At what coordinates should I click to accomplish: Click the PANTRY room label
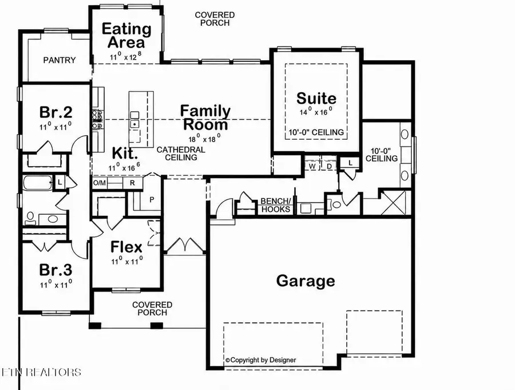pos(60,60)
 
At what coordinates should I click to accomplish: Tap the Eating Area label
pos(126,35)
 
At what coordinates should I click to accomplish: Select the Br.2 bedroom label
pos(56,112)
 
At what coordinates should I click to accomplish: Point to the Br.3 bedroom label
pos(56,270)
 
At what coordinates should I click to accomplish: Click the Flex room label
pos(126,247)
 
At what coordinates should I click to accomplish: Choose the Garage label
pos(306,281)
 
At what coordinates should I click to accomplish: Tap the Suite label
pos(316,98)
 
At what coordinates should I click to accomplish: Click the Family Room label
pos(205,118)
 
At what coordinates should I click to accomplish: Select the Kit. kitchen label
pos(125,153)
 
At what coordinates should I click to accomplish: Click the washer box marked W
pos(312,167)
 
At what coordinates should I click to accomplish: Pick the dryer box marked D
pos(330,167)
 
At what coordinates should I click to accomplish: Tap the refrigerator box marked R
pos(132,183)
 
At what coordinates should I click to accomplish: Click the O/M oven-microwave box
pos(100,183)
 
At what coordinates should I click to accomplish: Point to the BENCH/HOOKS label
pos(276,205)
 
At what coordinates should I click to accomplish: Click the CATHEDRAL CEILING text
pos(181,153)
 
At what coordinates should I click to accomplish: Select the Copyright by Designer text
pos(261,360)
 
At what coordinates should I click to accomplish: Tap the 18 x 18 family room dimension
pos(204,139)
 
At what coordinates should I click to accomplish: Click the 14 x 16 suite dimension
pos(316,112)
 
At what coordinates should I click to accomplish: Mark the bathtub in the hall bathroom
pos(37,183)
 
